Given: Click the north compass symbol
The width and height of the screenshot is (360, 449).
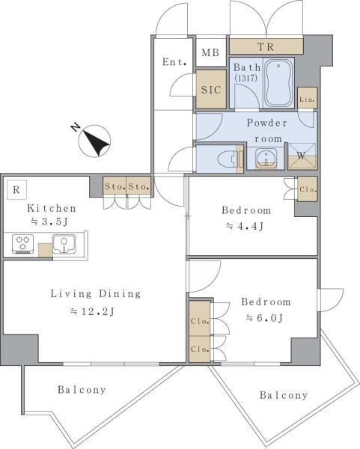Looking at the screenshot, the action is click(x=94, y=141).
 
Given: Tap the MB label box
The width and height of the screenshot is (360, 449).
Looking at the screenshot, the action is click(x=210, y=52).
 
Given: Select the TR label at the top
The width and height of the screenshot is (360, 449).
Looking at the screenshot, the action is click(x=266, y=46).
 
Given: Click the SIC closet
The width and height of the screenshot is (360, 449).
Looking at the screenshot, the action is click(x=211, y=89).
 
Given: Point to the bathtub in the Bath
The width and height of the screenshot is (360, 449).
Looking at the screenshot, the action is click(x=278, y=83).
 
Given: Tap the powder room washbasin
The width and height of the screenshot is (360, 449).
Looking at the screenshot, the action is click(x=266, y=159).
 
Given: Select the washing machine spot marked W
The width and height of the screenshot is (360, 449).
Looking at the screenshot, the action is click(x=302, y=156).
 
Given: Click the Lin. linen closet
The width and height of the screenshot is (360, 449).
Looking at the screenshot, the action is click(x=308, y=98).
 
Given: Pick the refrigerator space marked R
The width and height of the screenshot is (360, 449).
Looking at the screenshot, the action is click(x=16, y=189).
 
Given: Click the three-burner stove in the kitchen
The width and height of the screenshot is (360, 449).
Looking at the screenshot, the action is click(x=23, y=244).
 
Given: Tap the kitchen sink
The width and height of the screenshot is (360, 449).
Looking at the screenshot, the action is click(x=64, y=244).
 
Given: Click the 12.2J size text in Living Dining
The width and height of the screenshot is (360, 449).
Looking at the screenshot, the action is click(x=93, y=311).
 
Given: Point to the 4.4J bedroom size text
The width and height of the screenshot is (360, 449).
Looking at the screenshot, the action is click(x=245, y=226).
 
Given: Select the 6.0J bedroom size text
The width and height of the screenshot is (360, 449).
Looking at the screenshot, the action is click(x=265, y=318).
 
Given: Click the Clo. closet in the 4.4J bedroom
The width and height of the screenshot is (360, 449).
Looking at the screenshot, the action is click(x=308, y=189).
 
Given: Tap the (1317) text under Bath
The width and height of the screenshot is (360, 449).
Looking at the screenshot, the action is click(x=246, y=78).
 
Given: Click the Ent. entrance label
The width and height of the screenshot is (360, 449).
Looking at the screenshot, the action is click(x=174, y=61).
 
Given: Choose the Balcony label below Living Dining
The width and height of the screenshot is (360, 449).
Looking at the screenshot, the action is click(x=82, y=389).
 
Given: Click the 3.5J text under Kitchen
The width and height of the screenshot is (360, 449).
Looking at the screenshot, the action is click(x=49, y=222).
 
